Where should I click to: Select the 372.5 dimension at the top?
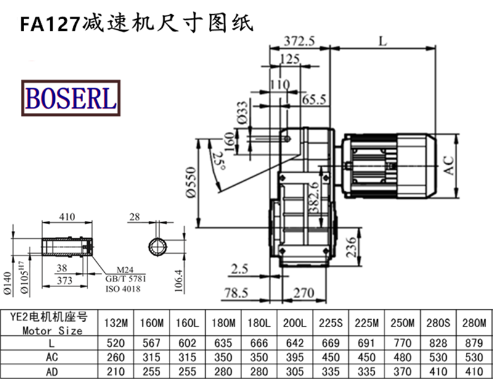click(299, 41)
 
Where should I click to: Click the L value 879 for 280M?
click(474, 343)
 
